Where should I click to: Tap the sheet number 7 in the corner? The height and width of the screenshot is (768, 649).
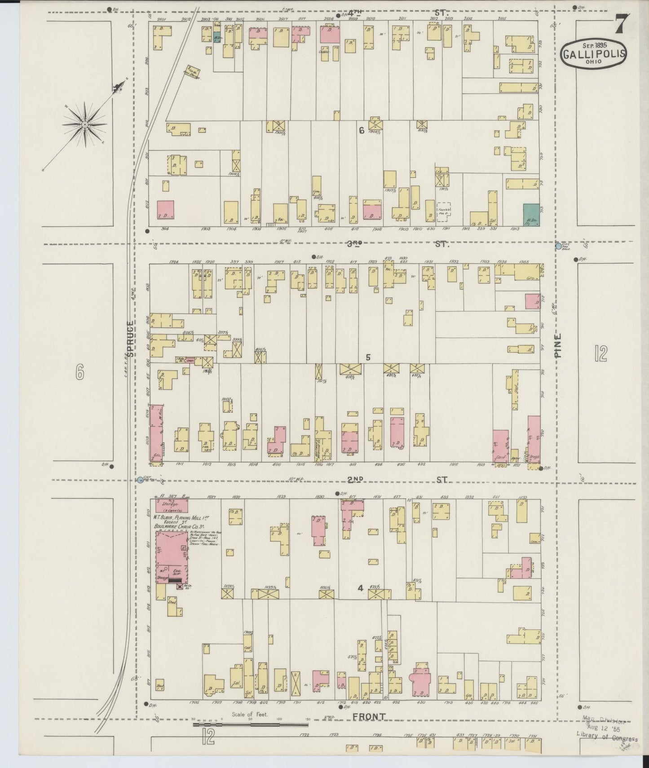coord(621,24)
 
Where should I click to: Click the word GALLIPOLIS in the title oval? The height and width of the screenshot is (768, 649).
coord(594,54)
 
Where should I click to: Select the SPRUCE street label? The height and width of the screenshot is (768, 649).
coord(130,339)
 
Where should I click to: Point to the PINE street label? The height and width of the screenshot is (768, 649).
coord(558,345)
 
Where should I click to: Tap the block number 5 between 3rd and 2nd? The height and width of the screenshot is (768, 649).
coord(368,358)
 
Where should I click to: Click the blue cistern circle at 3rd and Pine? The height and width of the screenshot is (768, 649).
coord(558,246)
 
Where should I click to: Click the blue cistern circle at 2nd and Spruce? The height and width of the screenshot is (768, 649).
coord(140,480)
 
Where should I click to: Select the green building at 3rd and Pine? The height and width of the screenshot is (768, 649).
coord(531,214)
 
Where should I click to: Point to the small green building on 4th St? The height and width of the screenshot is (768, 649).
coord(217,37)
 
